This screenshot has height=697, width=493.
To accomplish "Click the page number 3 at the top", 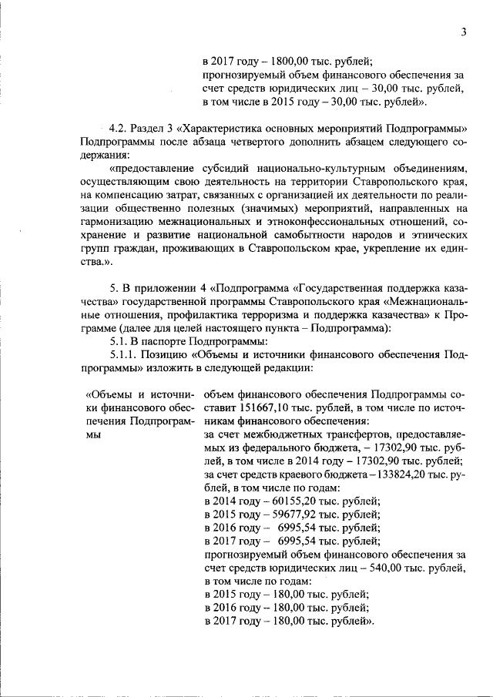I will [464, 32].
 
